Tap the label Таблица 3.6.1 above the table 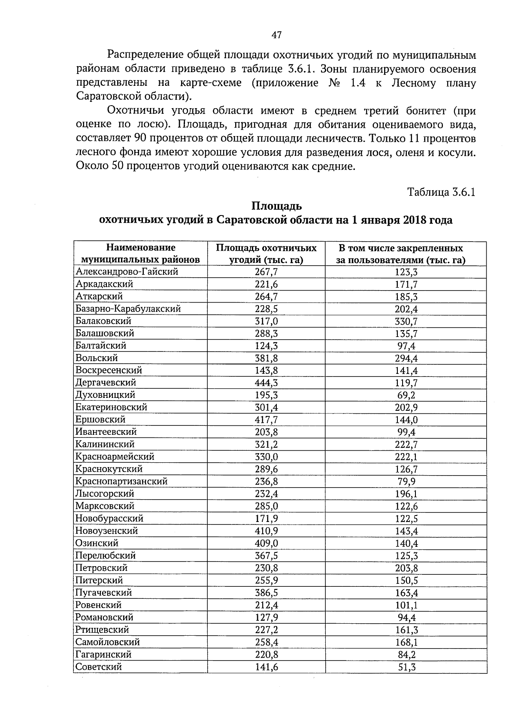pos(441,192)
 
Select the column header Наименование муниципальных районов pos(141,254)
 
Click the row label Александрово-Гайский pos(127,272)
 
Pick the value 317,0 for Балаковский pos(266,322)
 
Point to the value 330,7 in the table pos(406,322)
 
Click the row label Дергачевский pos(106,382)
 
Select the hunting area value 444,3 pos(266,383)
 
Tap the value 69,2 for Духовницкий pos(406,395)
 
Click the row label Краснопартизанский pos(121,481)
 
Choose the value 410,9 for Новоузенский pos(266,531)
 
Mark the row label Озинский pos(97,543)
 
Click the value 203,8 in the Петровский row pos(406,568)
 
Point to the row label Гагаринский pos(103,655)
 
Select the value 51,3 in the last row pos(406,667)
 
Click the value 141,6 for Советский pos(266,667)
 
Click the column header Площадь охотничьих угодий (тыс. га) pos(266,254)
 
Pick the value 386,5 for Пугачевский pos(266,593)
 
